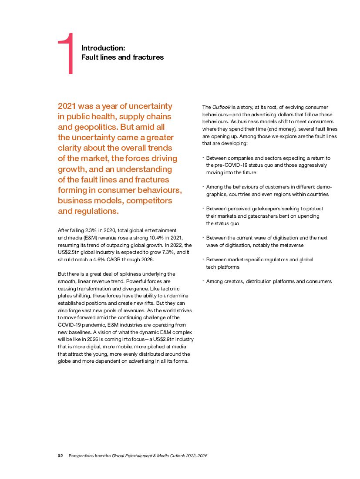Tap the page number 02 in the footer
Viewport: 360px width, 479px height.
[61, 456]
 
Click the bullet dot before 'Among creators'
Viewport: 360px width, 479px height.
[203, 281]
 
